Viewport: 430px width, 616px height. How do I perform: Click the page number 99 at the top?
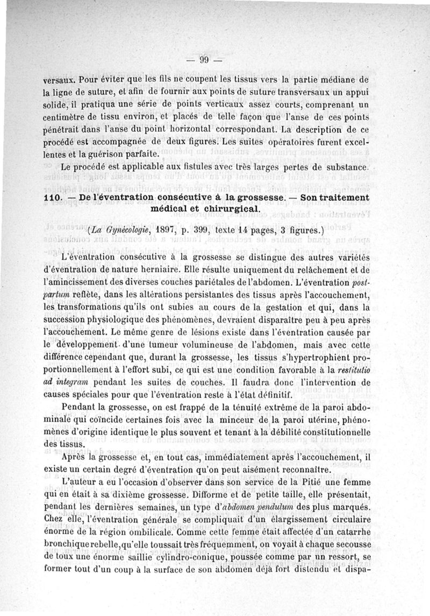coord(204,59)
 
